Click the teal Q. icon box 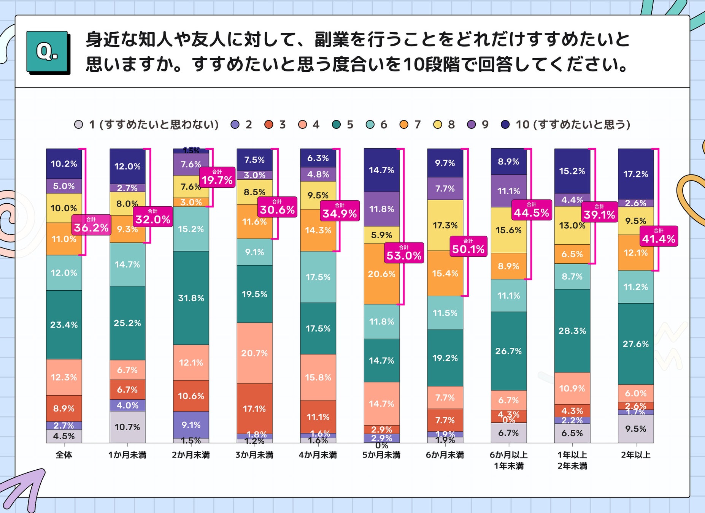47,52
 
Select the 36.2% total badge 91,225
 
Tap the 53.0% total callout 404,253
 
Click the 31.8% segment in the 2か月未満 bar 191,298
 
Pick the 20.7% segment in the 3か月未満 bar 254,353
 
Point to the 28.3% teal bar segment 572,331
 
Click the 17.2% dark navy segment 635,174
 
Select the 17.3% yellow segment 445,225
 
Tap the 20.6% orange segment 381,274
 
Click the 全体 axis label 64,455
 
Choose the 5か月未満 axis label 381,455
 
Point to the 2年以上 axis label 635,455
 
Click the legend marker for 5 336,125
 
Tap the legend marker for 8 438,125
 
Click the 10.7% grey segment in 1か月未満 127,427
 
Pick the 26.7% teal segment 508,351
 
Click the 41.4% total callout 659,236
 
